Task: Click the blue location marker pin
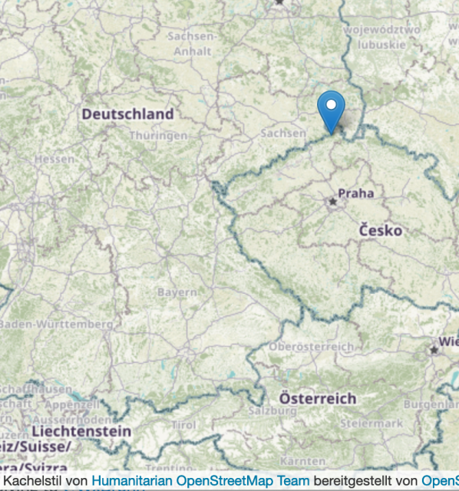click(331, 110)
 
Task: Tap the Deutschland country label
click(127, 114)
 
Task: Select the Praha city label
click(355, 193)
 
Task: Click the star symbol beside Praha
click(332, 201)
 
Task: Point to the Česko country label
click(380, 230)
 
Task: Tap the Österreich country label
click(317, 399)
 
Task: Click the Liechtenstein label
click(81, 432)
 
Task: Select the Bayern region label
click(177, 292)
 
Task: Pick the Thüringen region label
click(158, 135)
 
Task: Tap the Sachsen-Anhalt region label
click(192, 44)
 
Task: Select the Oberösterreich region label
click(312, 347)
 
